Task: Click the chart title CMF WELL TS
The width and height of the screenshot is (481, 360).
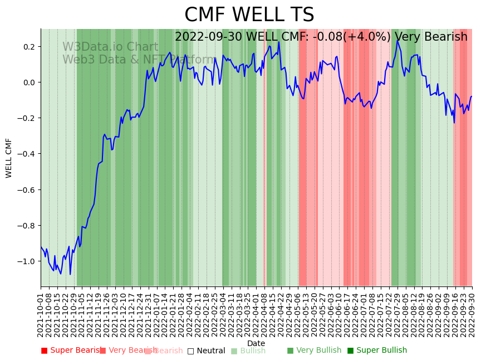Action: pyautogui.click(x=249, y=15)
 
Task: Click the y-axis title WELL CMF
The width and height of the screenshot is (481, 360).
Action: pyautogui.click(x=9, y=158)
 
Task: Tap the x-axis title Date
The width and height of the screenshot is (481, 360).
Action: pyautogui.click(x=256, y=343)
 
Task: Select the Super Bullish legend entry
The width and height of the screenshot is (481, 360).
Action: pyautogui.click(x=377, y=351)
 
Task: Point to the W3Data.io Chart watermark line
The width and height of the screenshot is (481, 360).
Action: pyautogui.click(x=110, y=47)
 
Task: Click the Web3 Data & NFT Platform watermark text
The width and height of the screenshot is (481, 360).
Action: pyautogui.click(x=139, y=60)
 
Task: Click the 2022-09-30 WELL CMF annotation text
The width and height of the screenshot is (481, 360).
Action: pyautogui.click(x=321, y=37)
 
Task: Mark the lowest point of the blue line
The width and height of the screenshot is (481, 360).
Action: pyautogui.click(x=70, y=274)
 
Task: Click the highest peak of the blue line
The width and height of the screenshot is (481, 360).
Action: pyautogui.click(x=397, y=41)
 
